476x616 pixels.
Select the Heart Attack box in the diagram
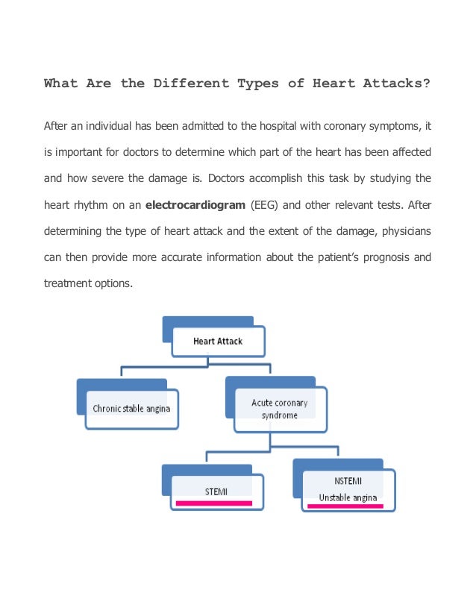(x=218, y=342)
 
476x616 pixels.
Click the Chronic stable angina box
(x=131, y=409)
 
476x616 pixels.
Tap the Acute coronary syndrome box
(x=279, y=409)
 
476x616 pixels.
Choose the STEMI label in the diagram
(x=216, y=491)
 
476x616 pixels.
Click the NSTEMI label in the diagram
(x=348, y=481)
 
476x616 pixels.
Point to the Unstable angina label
(x=348, y=497)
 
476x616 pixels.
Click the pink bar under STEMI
(x=214, y=503)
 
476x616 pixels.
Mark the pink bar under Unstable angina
(x=345, y=506)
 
